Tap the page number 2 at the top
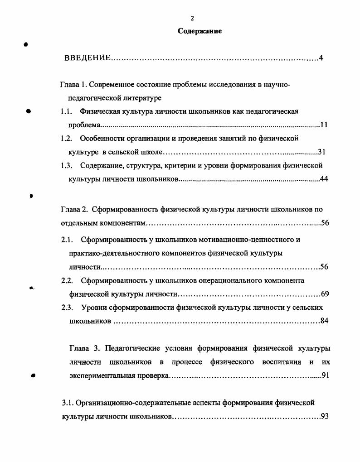point(192,18)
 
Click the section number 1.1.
point(67,111)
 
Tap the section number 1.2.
point(67,138)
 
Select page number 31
point(321,152)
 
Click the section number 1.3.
point(67,165)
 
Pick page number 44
point(324,179)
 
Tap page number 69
point(325,294)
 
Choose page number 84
point(324,321)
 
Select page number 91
point(325,375)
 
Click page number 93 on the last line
point(324,416)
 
